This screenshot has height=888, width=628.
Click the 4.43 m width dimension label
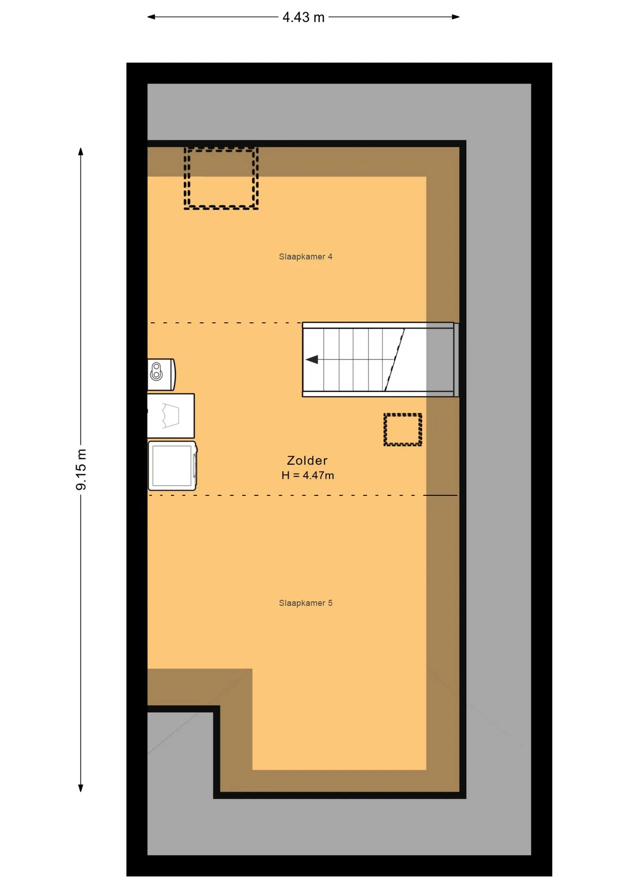click(x=303, y=17)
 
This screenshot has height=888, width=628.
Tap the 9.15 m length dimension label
click(x=81, y=469)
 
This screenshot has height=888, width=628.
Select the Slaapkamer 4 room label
click(x=305, y=257)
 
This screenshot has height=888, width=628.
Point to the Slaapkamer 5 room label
click(x=305, y=603)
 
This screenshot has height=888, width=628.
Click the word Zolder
click(x=307, y=461)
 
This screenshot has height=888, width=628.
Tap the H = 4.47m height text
click(x=308, y=475)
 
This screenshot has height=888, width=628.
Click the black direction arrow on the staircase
click(x=312, y=359)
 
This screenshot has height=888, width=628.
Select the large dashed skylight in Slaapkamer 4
click(x=221, y=179)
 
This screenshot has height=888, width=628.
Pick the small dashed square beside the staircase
click(x=403, y=430)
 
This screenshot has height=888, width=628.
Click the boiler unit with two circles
click(x=161, y=374)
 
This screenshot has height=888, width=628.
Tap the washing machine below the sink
click(x=172, y=466)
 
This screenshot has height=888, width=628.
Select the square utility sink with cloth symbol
click(x=171, y=416)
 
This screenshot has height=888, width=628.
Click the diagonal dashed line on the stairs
click(x=395, y=359)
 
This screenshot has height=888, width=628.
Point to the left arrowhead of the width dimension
click(x=151, y=17)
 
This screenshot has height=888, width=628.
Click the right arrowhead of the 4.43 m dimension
click(x=456, y=17)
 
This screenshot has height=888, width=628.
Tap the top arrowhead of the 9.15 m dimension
click(x=81, y=152)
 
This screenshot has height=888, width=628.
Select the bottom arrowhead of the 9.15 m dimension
click(x=81, y=788)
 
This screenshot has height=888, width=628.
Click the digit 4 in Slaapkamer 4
click(x=330, y=257)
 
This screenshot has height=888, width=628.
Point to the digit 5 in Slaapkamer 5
click(x=330, y=603)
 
